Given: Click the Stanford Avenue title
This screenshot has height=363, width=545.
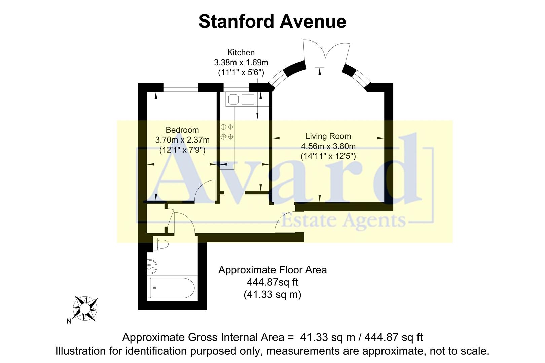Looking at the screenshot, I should pyautogui.click(x=272, y=22).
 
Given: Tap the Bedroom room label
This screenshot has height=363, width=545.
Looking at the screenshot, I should pyautogui.click(x=182, y=130).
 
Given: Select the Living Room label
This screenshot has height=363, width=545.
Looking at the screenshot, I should pyautogui.click(x=328, y=136).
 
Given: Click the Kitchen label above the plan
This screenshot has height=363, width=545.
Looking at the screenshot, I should pyautogui.click(x=241, y=53).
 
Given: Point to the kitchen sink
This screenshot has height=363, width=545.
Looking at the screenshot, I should pyautogui.click(x=233, y=99).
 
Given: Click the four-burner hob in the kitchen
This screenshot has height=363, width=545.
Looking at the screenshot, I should pyautogui.click(x=227, y=132).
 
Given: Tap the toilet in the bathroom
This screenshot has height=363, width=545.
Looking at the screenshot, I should pyautogui.click(x=160, y=244).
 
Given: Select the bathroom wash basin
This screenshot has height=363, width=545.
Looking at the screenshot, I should pyautogui.click(x=152, y=268).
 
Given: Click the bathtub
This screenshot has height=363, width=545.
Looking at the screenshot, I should pyautogui.click(x=172, y=288).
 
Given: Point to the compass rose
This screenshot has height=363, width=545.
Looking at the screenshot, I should pyautogui.click(x=85, y=308).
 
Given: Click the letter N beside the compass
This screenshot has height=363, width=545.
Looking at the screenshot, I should pyautogui.click(x=69, y=321).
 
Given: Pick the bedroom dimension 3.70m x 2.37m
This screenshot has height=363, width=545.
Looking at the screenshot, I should pyautogui.click(x=182, y=140).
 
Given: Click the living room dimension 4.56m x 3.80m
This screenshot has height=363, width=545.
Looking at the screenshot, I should pyautogui.click(x=328, y=146).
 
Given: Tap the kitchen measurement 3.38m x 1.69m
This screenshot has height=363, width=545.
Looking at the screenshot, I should pyautogui.click(x=241, y=63).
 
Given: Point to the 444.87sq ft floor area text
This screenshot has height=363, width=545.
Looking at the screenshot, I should pyautogui.click(x=272, y=282).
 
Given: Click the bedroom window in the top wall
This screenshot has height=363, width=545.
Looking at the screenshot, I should pyautogui.click(x=181, y=87).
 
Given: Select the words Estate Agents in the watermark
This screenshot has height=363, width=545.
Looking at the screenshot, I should pyautogui.click(x=343, y=221).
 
